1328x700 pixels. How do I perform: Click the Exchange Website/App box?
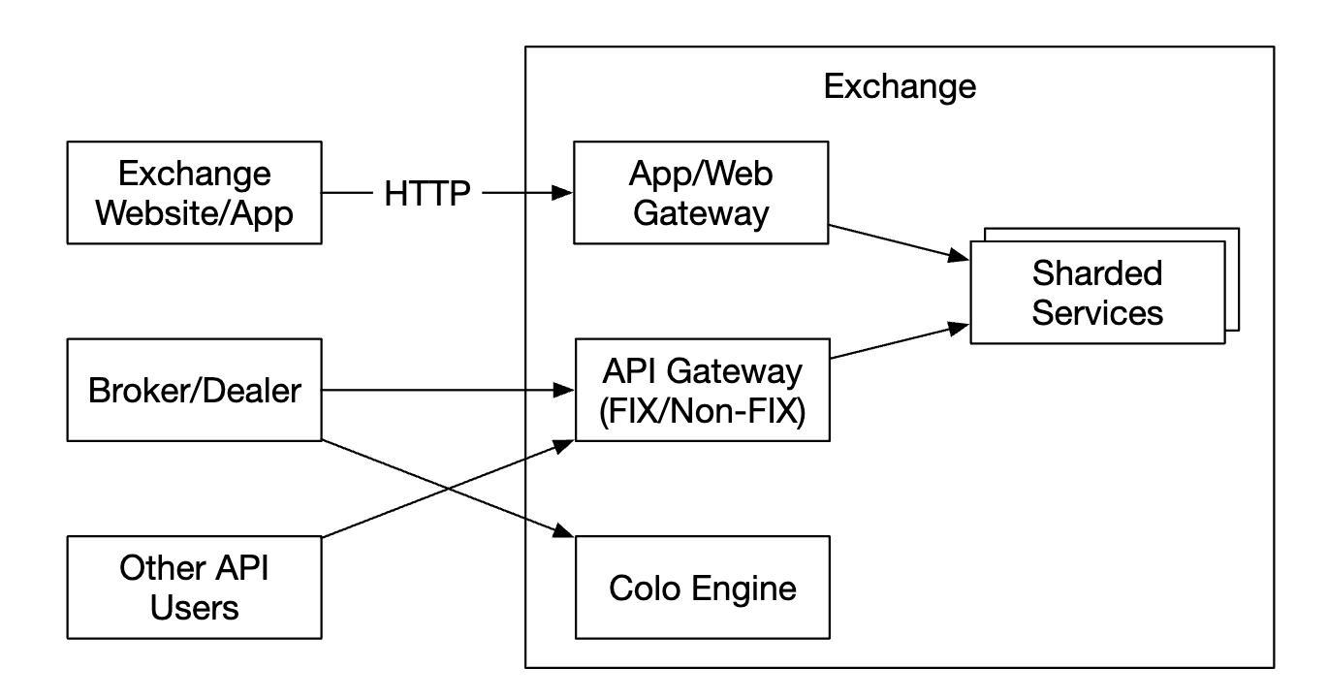(193, 193)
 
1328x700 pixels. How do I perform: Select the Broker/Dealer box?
(193, 391)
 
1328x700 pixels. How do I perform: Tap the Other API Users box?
(193, 588)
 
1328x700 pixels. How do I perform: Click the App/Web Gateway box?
(701, 193)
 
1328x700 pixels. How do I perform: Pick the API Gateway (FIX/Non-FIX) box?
(702, 390)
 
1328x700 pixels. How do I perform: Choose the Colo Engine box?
(702, 588)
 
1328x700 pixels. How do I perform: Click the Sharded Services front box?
(1096, 292)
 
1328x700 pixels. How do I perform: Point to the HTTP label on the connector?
(427, 193)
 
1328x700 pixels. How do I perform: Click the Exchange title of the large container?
(899, 87)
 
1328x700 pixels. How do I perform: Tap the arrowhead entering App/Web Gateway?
(562, 193)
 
